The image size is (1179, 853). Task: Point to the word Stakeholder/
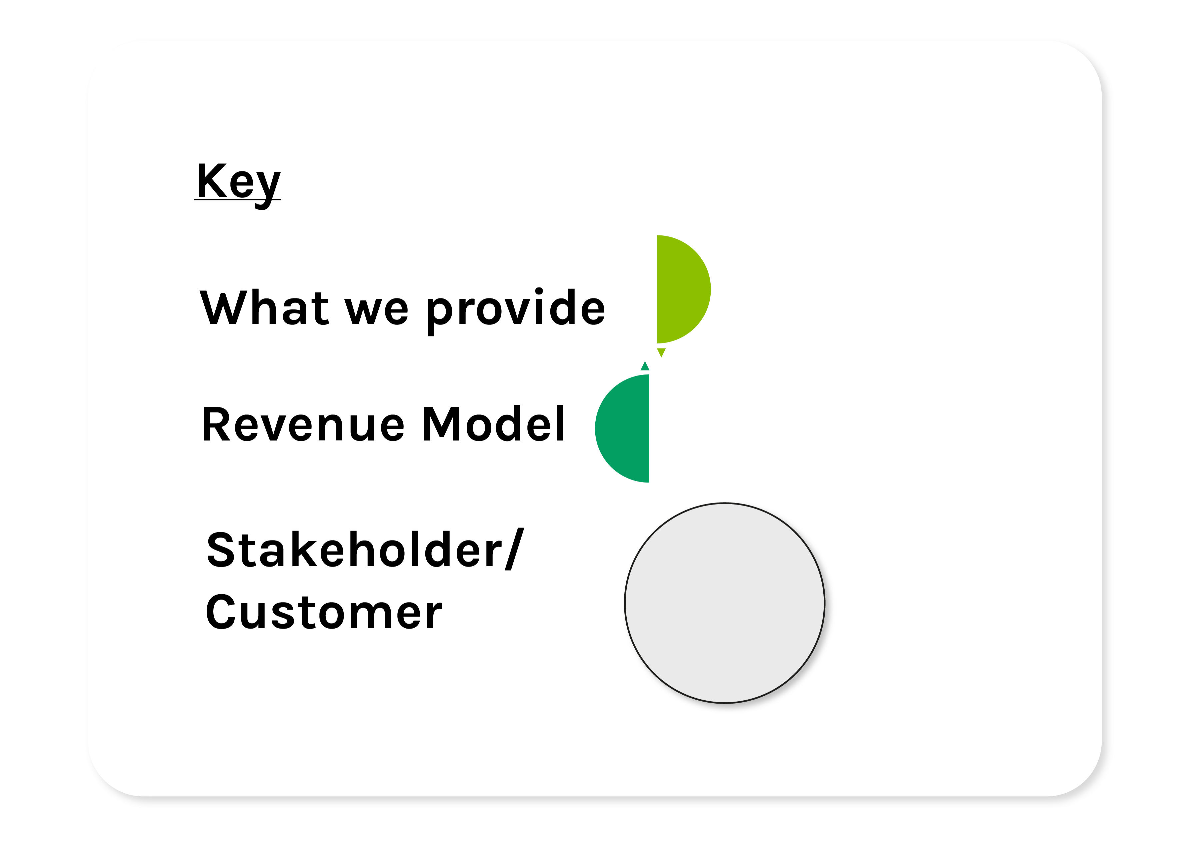pyautogui.click(x=365, y=549)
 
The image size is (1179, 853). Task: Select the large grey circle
pyautogui.click(x=725, y=603)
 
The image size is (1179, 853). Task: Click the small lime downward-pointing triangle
pyautogui.click(x=661, y=352)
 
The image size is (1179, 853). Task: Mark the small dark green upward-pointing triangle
pyautogui.click(x=645, y=366)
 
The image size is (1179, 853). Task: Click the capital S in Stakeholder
pyautogui.click(x=222, y=550)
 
